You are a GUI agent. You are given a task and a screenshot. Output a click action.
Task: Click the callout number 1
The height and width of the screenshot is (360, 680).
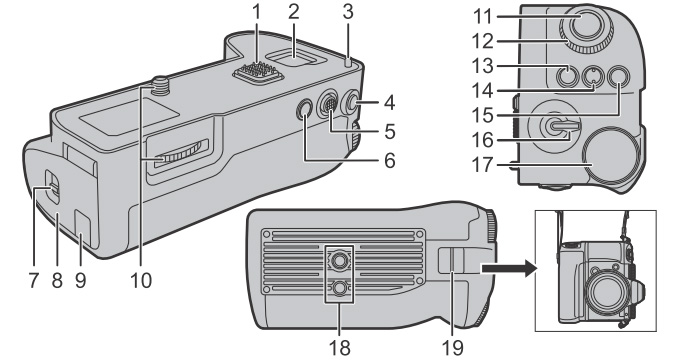click(257, 13)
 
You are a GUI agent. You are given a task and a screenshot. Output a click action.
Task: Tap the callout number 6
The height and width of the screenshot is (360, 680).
click(389, 161)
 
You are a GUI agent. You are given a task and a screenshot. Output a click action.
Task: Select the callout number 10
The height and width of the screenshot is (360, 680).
click(141, 281)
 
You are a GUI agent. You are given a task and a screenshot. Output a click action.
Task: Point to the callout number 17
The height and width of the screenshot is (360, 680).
click(482, 165)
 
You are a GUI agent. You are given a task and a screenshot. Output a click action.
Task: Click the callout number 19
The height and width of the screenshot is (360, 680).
click(453, 348)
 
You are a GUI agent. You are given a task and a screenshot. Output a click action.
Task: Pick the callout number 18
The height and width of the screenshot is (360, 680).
click(340, 348)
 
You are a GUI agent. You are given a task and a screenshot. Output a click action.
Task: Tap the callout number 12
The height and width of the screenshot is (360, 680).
click(482, 42)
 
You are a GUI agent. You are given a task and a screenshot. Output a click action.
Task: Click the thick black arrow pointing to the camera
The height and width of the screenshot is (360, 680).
click(509, 268)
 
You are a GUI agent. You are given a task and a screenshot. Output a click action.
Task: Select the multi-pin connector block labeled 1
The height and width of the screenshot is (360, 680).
click(258, 71)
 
